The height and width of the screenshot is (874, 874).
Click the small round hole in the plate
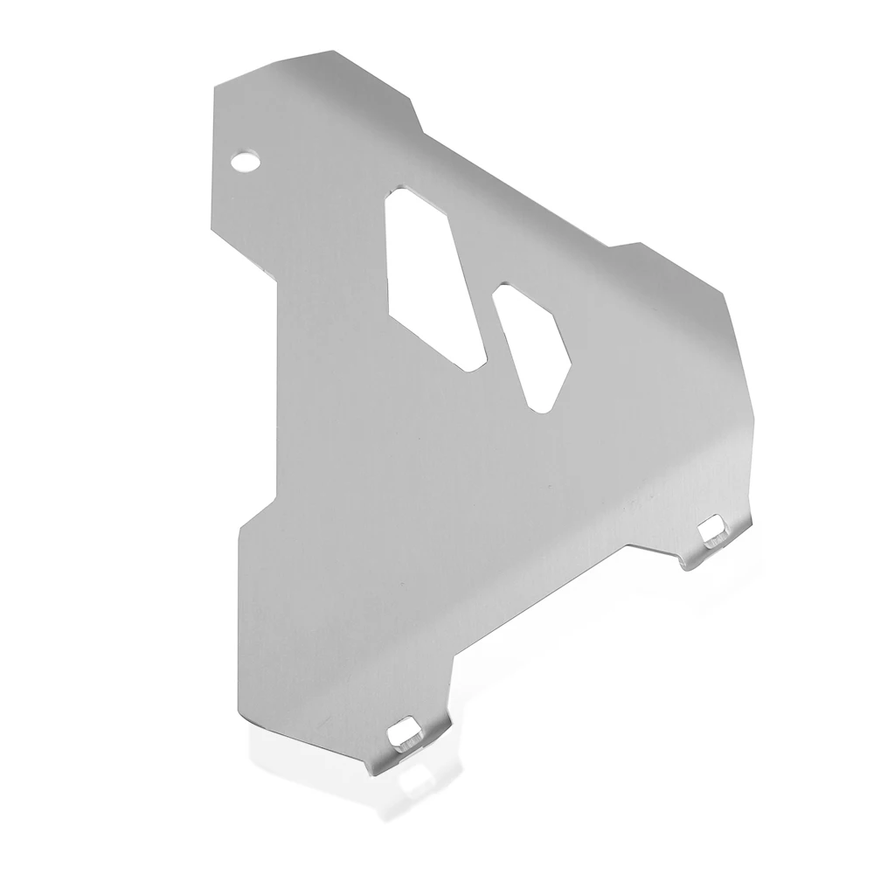[246, 160]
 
